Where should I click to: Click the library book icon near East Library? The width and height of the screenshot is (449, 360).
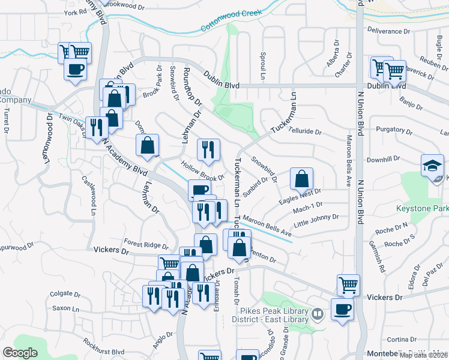click(x=318, y=313)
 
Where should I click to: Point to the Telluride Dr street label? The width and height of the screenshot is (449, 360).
click(x=305, y=131)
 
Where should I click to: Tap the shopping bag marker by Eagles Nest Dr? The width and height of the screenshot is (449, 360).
click(x=301, y=179)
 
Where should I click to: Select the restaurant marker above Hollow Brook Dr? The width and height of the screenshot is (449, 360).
click(x=208, y=150)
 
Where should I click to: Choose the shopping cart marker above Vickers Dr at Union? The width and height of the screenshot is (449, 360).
click(x=348, y=284)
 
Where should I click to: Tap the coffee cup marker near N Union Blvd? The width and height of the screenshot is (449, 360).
click(x=342, y=310)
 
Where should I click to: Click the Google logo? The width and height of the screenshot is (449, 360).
click(x=20, y=352)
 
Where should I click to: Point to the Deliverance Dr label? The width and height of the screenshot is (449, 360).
click(x=388, y=30)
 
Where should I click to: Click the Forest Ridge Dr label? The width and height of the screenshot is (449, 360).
click(x=146, y=244)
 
